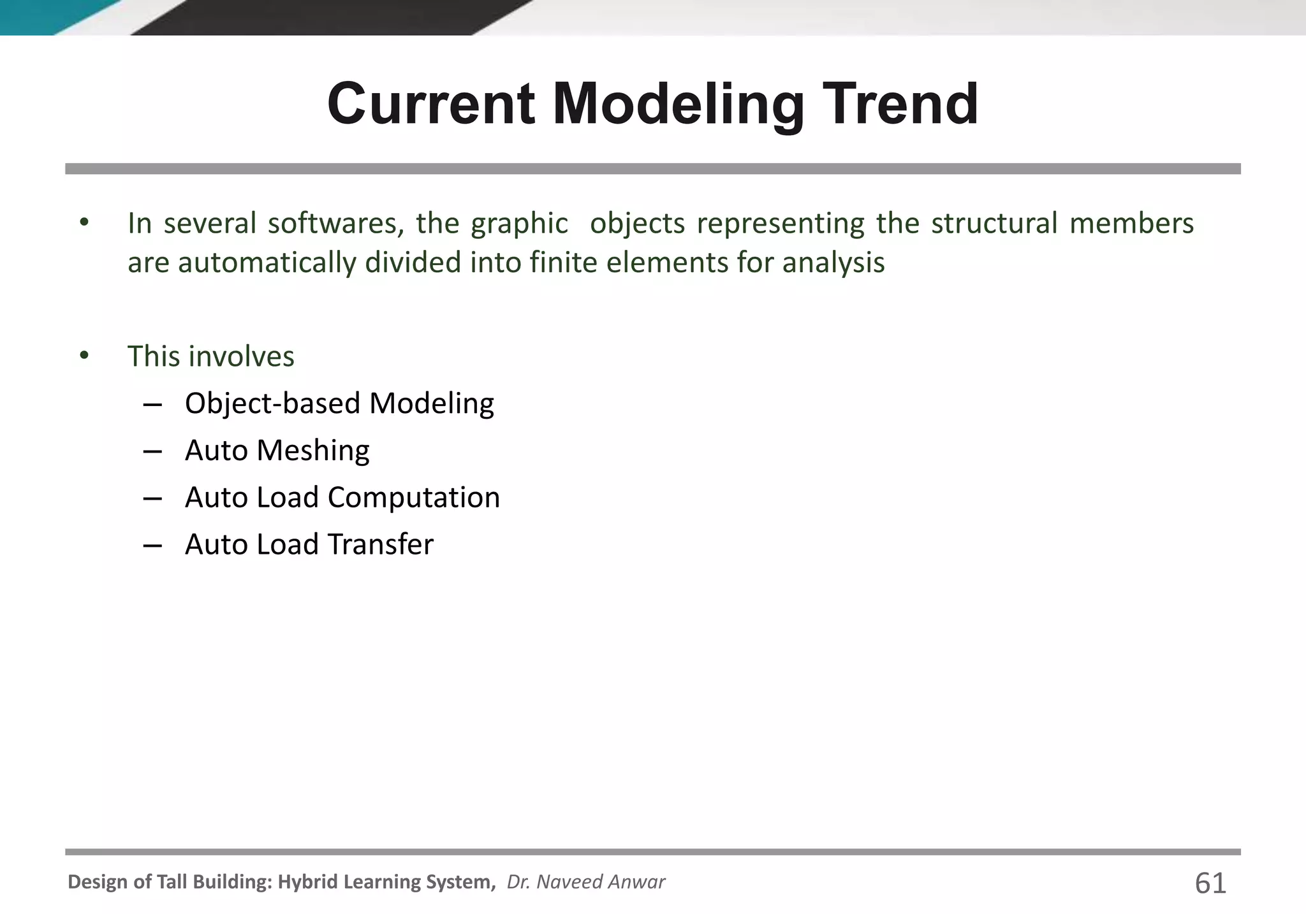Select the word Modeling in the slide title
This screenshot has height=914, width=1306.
click(678, 105)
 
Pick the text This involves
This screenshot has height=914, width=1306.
click(211, 356)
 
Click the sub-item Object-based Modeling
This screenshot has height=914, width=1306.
click(339, 403)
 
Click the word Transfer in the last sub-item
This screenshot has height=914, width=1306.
click(380, 545)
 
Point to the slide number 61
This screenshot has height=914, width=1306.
click(1210, 883)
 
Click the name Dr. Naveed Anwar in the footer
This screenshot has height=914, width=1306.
click(585, 881)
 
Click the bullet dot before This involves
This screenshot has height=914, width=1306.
click(84, 356)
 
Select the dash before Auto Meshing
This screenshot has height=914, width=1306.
click(152, 451)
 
